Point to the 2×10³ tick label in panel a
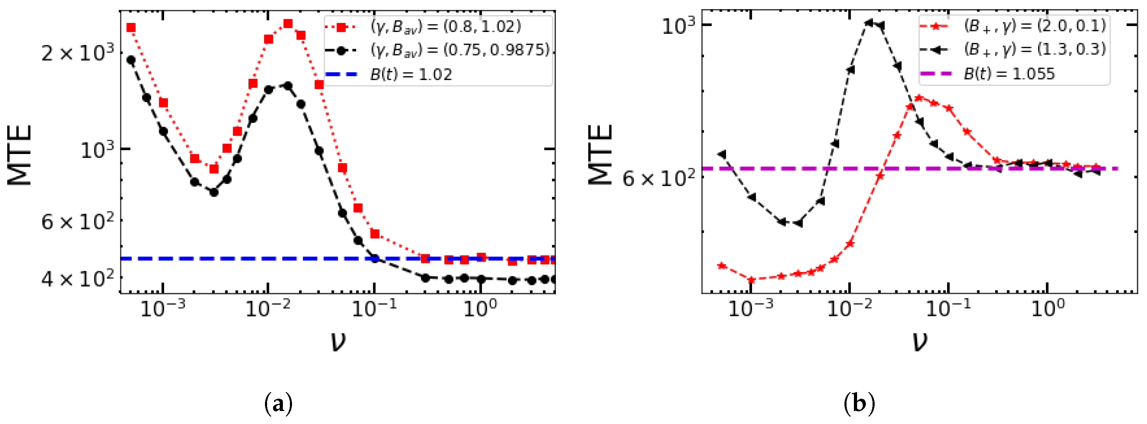pyautogui.click(x=77, y=53)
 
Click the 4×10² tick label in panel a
pyautogui.click(x=77, y=279)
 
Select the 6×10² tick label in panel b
pyautogui.click(x=658, y=179)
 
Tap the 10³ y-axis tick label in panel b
pyautogui.click(x=678, y=26)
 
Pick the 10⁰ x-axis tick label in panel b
pyautogui.click(x=1048, y=308)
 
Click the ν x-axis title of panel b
pyautogui.click(x=920, y=342)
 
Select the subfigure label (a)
pyautogui.click(x=278, y=404)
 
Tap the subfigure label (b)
pyautogui.click(x=859, y=404)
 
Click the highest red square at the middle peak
pyautogui.click(x=288, y=24)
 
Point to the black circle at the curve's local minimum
pyautogui.click(x=214, y=192)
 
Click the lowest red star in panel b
pyautogui.click(x=752, y=280)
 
